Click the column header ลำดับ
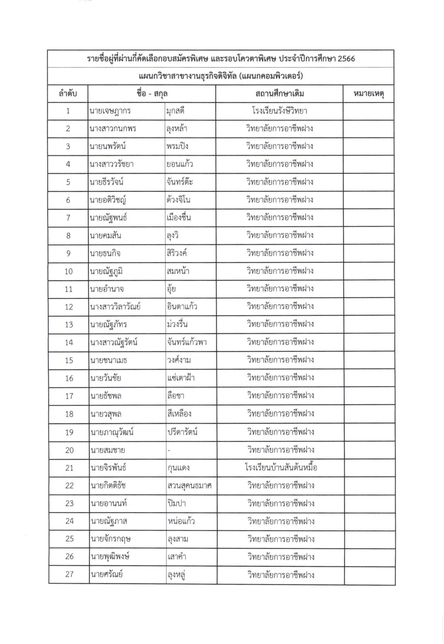click(68, 94)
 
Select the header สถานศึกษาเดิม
click(279, 94)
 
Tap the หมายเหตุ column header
click(368, 94)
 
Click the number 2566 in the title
click(346, 59)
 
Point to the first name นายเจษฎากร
click(110, 111)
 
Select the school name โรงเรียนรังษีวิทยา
click(279, 111)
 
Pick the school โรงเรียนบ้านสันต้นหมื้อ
click(281, 468)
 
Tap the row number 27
click(69, 575)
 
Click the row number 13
click(69, 325)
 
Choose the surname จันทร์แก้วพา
click(187, 342)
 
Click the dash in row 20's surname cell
click(169, 451)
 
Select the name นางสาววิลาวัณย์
click(115, 307)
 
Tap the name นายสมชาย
click(108, 450)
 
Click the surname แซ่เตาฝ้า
click(181, 378)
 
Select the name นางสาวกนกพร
click(113, 129)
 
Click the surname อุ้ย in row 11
click(171, 289)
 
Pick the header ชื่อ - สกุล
click(152, 94)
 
